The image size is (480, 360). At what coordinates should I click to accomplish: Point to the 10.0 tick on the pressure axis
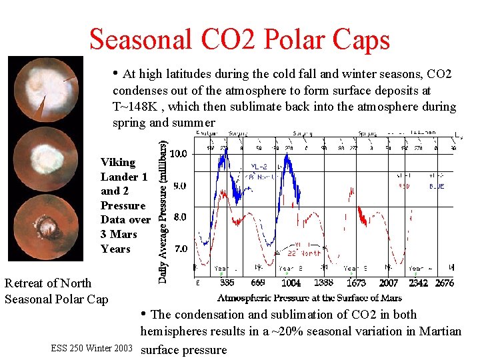178,154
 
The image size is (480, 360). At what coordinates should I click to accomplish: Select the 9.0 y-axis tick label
178,186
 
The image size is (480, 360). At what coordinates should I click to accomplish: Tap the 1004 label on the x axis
291,283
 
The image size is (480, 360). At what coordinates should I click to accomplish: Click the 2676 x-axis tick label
444,283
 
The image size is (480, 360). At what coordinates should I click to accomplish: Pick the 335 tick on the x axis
227,283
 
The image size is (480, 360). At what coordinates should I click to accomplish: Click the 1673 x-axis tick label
357,283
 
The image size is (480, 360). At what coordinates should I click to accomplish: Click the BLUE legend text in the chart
436,187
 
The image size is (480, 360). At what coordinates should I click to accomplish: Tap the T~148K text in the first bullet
141,107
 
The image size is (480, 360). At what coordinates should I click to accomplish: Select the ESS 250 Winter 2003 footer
91,348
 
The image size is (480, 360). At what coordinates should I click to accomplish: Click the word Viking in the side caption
117,162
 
